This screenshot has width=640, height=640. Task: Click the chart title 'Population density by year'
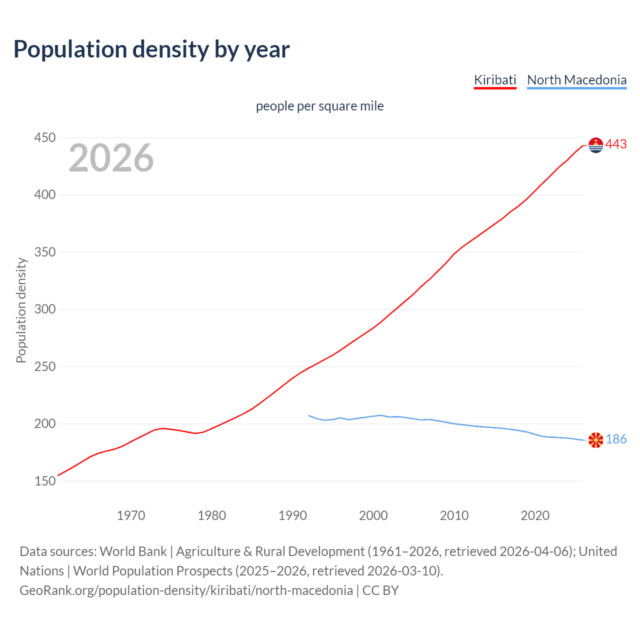[151, 49]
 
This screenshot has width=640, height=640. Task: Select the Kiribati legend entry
[495, 80]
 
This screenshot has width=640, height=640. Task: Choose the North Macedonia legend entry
[576, 80]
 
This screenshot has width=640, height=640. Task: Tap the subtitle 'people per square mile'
[319, 106]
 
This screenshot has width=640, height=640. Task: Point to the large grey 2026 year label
[111, 158]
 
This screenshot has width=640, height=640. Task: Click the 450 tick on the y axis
[44, 137]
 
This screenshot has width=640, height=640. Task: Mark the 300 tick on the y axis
[44, 309]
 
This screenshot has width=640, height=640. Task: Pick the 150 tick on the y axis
[44, 481]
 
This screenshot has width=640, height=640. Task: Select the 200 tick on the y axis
[44, 423]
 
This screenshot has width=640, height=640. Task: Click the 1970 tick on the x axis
[131, 515]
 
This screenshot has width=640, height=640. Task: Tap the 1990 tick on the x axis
[292, 515]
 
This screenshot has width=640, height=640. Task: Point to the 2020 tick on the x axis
[535, 515]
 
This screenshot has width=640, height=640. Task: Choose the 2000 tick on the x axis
[373, 515]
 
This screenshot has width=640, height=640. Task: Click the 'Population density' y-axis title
[21, 310]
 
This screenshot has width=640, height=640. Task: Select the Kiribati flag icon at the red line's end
[596, 145]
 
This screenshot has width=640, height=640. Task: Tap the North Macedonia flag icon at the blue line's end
[596, 440]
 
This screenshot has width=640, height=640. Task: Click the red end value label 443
[616, 144]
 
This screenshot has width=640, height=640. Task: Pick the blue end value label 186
[616, 439]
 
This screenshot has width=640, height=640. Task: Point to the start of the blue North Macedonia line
[309, 415]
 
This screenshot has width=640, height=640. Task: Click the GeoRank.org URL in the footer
[186, 590]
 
